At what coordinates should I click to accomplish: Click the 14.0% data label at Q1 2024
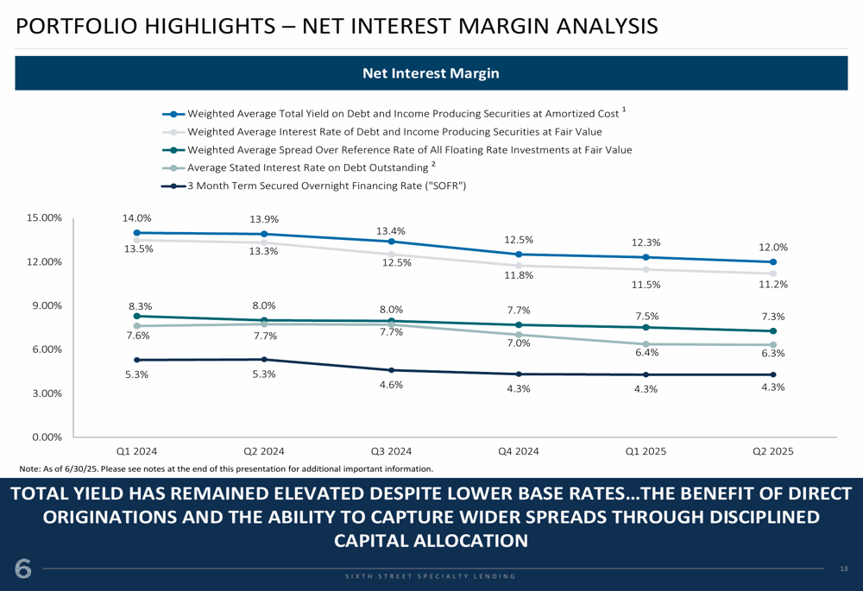pos(137,219)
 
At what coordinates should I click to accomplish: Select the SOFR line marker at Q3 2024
pos(391,370)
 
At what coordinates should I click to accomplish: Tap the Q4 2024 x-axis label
pos(519,451)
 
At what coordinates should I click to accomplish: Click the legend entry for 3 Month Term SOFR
pos(326,185)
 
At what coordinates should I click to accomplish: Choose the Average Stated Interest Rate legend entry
pos(307,167)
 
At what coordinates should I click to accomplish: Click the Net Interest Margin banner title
pos(431,73)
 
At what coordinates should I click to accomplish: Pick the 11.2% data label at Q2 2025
pos(772,284)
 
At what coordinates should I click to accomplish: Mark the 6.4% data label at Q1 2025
pos(646,352)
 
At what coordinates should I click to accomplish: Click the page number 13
pos(843,569)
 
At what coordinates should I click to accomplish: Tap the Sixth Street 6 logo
pos(22,569)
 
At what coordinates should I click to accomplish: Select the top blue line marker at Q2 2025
pos(772,262)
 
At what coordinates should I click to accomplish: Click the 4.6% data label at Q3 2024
pos(391,385)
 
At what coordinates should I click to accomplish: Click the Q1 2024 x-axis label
pos(137,451)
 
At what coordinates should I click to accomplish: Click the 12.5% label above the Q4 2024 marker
pos(519,240)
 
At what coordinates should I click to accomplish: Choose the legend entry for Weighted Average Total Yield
pos(402,113)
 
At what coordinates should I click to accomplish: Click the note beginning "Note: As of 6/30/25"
pos(225,468)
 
